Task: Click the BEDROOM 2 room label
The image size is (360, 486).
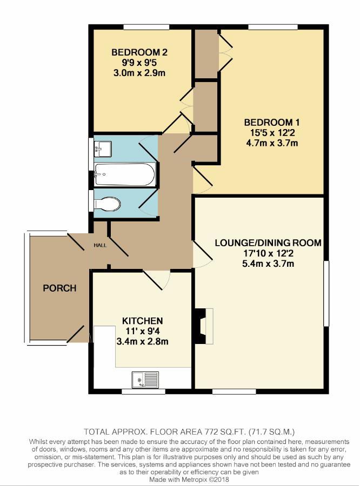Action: click(x=139, y=52)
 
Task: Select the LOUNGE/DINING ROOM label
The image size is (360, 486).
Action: click(x=268, y=243)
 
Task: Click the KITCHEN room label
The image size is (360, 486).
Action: click(x=142, y=321)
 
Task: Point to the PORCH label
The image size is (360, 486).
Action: click(x=59, y=288)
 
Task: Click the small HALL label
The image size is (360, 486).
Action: click(x=101, y=245)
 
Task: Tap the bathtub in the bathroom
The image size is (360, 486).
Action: click(x=125, y=174)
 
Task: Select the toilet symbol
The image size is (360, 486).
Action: click(x=106, y=204)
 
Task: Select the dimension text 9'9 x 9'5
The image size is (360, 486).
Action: click(x=139, y=63)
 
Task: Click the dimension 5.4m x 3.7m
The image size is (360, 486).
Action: click(x=268, y=264)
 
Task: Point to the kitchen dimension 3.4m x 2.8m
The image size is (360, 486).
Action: click(x=142, y=341)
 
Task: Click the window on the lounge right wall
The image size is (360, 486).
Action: click(x=326, y=294)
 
